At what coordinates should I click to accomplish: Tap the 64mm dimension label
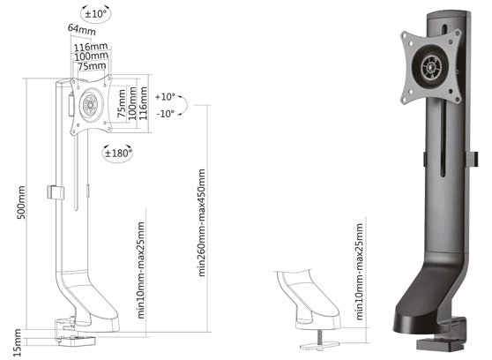[81, 30]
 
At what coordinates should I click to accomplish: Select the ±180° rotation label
[117, 153]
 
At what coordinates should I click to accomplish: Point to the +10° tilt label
[165, 96]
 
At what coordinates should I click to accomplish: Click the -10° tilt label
[165, 113]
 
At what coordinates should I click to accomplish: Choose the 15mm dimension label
[18, 336]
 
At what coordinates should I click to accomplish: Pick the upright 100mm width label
[87, 56]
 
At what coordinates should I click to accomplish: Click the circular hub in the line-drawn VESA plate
[90, 103]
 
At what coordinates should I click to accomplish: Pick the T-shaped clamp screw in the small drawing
[311, 332]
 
